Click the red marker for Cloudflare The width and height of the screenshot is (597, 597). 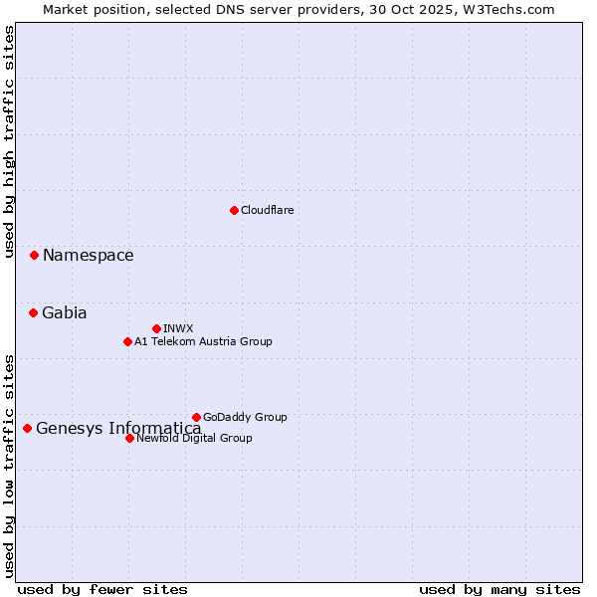coord(234,210)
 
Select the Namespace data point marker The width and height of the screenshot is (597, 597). coord(34,256)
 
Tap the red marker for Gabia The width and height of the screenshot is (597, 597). coord(33,312)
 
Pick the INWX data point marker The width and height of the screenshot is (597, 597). coord(156,328)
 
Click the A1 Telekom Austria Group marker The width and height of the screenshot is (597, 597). coord(127,341)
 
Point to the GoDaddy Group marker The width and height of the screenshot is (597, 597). coord(196,417)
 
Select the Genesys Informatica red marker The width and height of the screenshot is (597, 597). coord(27,429)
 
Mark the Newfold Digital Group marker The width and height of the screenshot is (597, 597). coord(129,438)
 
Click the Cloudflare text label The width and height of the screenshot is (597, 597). coord(268,210)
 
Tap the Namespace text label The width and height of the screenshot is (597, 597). coord(88,256)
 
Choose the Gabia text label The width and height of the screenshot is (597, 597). coord(65,312)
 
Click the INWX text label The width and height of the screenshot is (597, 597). coord(178,328)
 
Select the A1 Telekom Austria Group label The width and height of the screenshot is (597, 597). coord(203,341)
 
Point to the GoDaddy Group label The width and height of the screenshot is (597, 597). coord(245,417)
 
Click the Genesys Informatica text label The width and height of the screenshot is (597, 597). coord(118,429)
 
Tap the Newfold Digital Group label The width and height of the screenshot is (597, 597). coord(194,438)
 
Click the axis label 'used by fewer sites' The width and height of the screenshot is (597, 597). coord(102,589)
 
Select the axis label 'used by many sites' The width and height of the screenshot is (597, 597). coord(499,589)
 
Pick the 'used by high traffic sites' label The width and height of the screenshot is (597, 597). coord(9,141)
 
